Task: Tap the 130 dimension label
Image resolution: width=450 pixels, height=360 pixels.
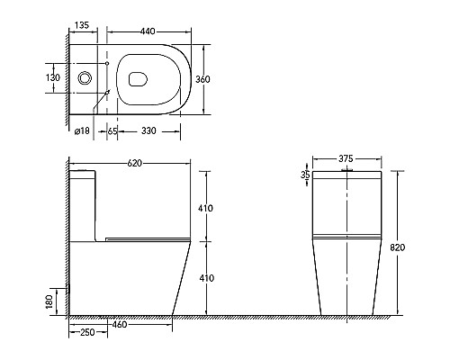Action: click(54, 78)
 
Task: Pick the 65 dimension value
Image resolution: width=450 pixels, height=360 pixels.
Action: click(112, 130)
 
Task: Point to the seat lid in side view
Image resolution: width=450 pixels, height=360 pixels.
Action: click(144, 238)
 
